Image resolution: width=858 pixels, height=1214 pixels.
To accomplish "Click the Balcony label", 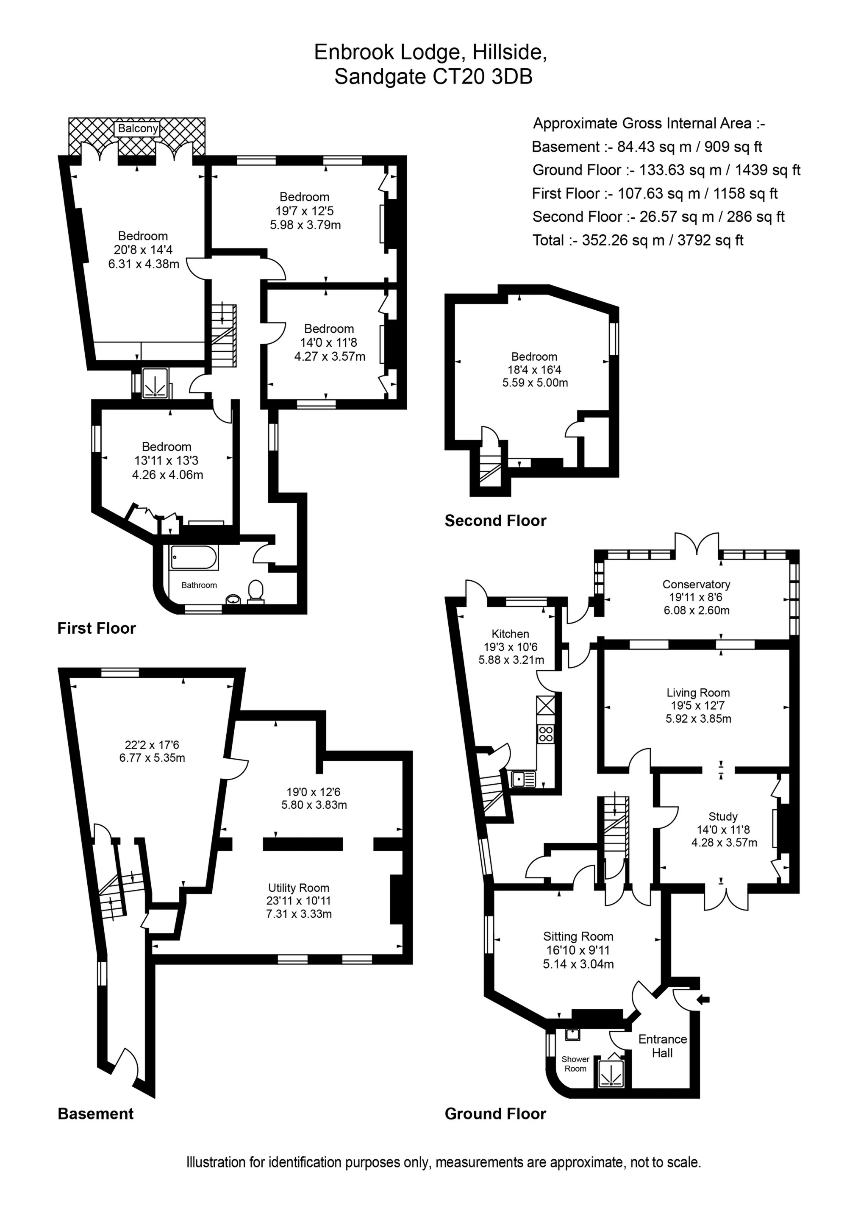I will coord(138,128).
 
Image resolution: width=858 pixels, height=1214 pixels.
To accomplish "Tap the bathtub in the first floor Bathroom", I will coord(194,558).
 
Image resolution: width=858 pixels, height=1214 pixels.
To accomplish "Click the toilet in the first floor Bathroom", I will coord(255,591).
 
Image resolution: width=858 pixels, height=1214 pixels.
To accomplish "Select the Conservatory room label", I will coord(696,584).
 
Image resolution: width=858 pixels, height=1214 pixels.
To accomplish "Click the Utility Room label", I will coord(299,888).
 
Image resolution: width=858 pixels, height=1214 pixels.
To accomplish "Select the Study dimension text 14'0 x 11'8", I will coord(724,830).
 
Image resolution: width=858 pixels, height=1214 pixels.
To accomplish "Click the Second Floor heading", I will coord(495,521).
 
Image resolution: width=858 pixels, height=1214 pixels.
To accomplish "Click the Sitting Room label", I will coord(578,936).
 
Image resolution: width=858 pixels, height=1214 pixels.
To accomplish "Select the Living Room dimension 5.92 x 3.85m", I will coord(698,718).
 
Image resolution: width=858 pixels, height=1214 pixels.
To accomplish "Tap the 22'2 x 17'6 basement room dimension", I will coord(152,745).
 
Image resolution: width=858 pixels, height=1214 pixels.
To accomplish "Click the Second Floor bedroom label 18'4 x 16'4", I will coord(534,370).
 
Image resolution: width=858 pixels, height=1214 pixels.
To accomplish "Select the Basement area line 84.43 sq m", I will coord(647,147).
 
